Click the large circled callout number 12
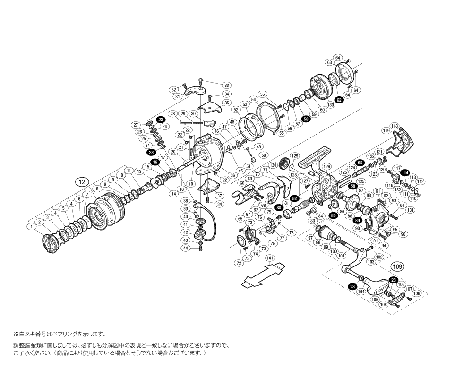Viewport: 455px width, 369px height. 82,182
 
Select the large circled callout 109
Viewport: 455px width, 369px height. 398,267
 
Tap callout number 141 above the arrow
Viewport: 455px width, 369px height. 270,258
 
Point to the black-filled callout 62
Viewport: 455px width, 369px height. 339,100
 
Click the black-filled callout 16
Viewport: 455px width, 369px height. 155,162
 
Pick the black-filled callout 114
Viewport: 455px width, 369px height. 404,173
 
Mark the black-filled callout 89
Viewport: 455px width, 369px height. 358,220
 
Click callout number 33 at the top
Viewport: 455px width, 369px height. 226,86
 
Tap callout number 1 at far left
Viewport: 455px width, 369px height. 32,227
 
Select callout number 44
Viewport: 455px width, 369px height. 186,248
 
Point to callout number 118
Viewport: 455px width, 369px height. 395,126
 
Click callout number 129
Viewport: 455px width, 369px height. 295,156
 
